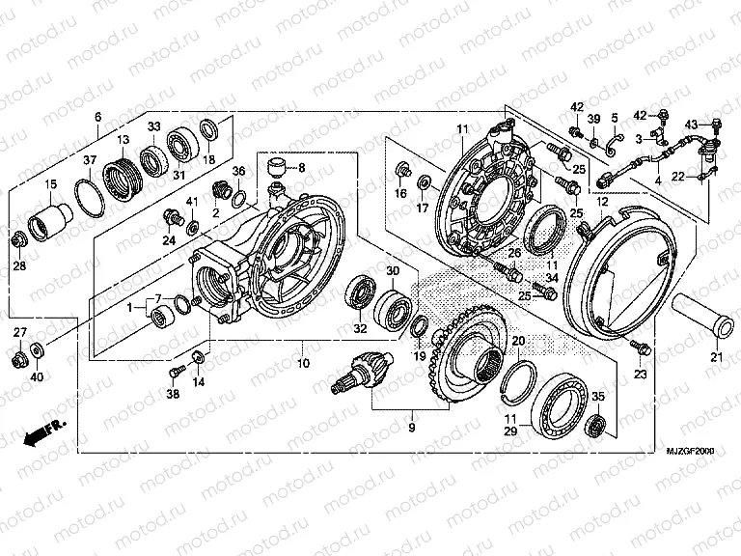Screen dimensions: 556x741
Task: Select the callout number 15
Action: click(50, 184)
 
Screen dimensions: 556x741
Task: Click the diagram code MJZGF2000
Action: click(688, 451)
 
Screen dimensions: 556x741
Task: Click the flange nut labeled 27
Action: click(18, 360)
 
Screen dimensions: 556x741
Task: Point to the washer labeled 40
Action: click(38, 347)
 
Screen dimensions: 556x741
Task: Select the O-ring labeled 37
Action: click(91, 199)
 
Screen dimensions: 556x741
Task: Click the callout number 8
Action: click(301, 167)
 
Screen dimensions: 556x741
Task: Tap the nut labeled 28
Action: click(17, 239)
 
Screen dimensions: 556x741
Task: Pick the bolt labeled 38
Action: click(177, 372)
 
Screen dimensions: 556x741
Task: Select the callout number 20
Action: click(518, 341)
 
